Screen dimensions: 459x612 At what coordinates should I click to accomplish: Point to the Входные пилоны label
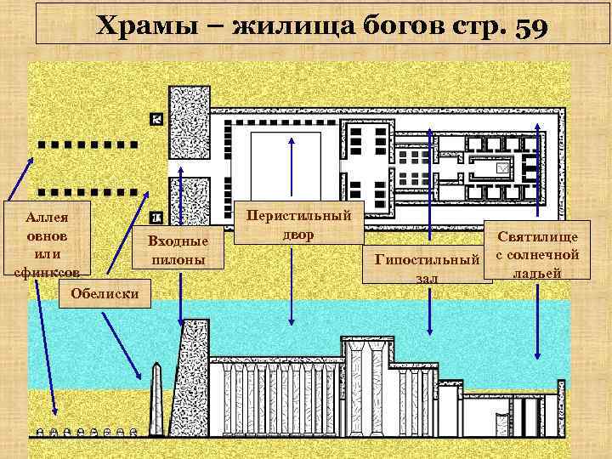coord(178,250)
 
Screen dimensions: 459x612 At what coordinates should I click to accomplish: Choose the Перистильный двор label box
coord(298,224)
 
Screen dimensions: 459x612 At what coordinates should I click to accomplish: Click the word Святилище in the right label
coord(537,238)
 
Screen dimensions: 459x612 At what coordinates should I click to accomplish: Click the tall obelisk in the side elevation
coord(155,399)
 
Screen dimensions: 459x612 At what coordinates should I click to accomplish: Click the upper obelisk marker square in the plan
coord(156,119)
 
